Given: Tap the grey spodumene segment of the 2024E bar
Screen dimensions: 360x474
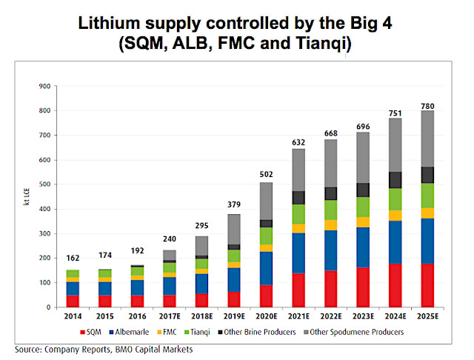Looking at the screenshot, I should pyautogui.click(x=395, y=145).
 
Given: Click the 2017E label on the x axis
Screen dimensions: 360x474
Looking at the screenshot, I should pyautogui.click(x=170, y=317).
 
